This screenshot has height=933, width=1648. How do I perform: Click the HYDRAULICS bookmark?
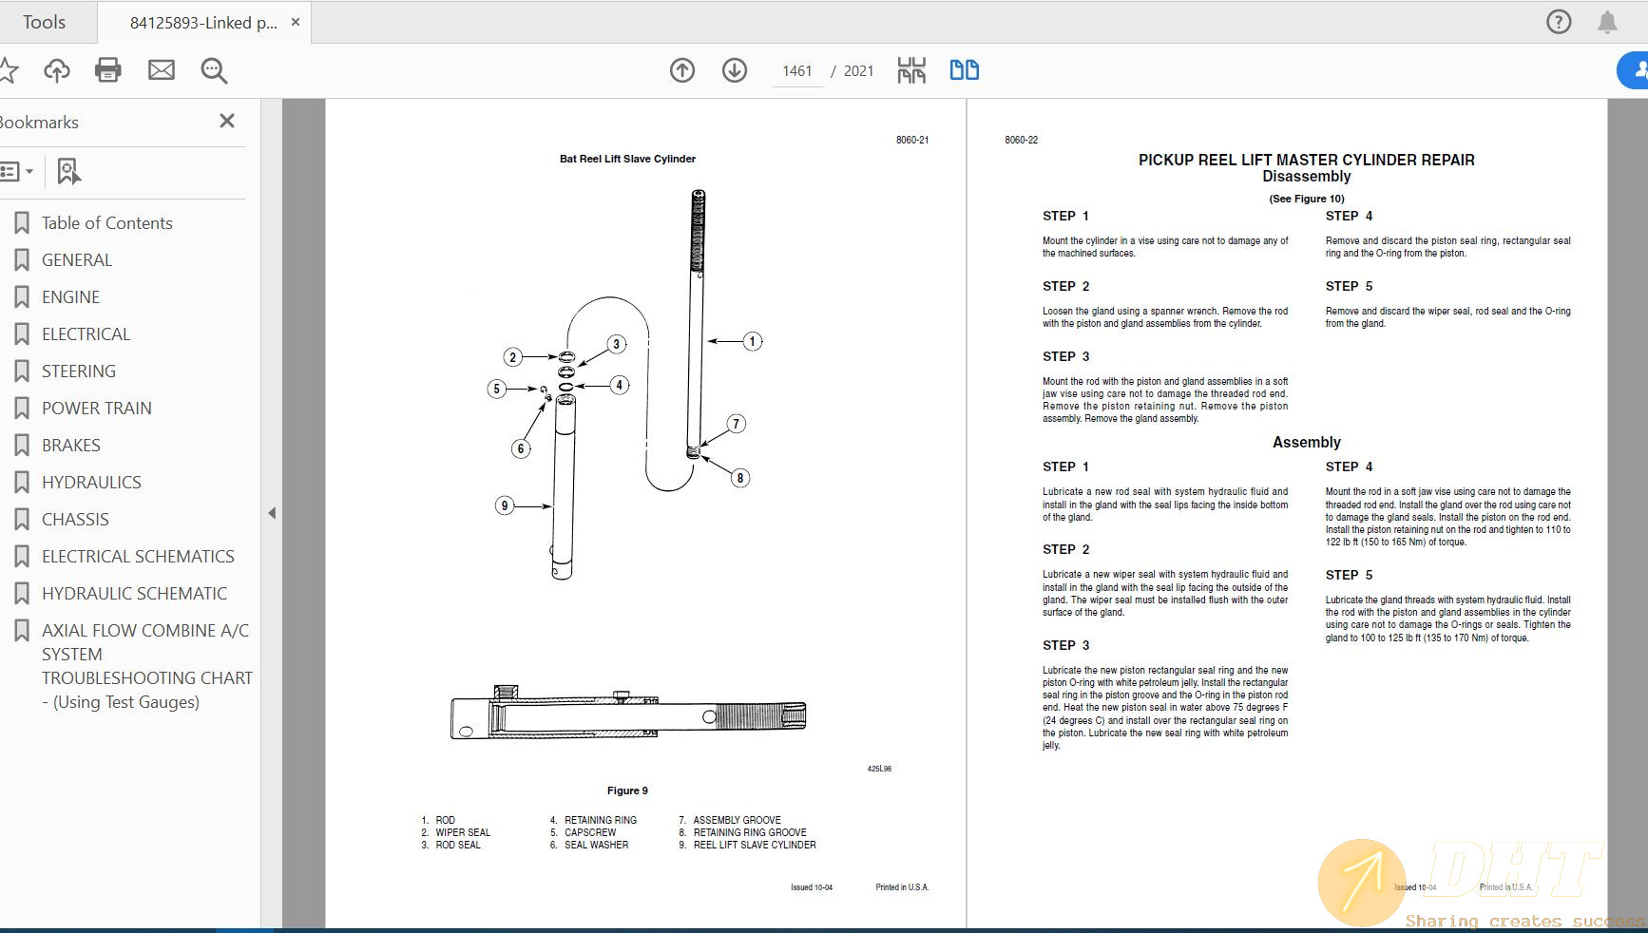tap(91, 482)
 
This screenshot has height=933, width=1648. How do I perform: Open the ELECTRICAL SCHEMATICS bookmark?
tap(138, 556)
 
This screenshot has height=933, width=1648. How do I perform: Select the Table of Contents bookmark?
tap(106, 222)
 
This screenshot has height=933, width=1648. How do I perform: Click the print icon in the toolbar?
tap(108, 69)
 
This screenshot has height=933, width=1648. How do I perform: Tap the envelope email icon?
tap(162, 69)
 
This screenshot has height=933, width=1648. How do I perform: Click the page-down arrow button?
tap(734, 69)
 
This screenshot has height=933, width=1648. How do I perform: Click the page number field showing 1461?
tap(796, 70)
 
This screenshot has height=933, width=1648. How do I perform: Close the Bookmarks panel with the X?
tap(226, 121)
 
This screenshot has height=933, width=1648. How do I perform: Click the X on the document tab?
tap(296, 22)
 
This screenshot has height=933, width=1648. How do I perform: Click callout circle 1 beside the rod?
tap(752, 341)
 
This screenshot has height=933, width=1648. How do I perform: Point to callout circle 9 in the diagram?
tap(505, 505)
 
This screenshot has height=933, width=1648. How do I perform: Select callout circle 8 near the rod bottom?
tap(739, 478)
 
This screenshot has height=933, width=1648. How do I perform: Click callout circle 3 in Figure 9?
tap(616, 344)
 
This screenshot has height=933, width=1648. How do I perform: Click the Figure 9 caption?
tap(627, 790)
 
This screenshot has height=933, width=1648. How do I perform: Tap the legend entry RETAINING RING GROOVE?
tap(749, 832)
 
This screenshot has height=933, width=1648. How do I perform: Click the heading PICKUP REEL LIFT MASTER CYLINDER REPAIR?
tap(1306, 160)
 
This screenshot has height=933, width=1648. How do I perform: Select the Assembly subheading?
tap(1306, 442)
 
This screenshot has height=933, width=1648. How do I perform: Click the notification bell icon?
tap(1606, 22)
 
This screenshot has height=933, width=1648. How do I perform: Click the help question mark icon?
tap(1558, 22)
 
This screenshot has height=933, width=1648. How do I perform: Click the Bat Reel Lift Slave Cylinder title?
tap(627, 159)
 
